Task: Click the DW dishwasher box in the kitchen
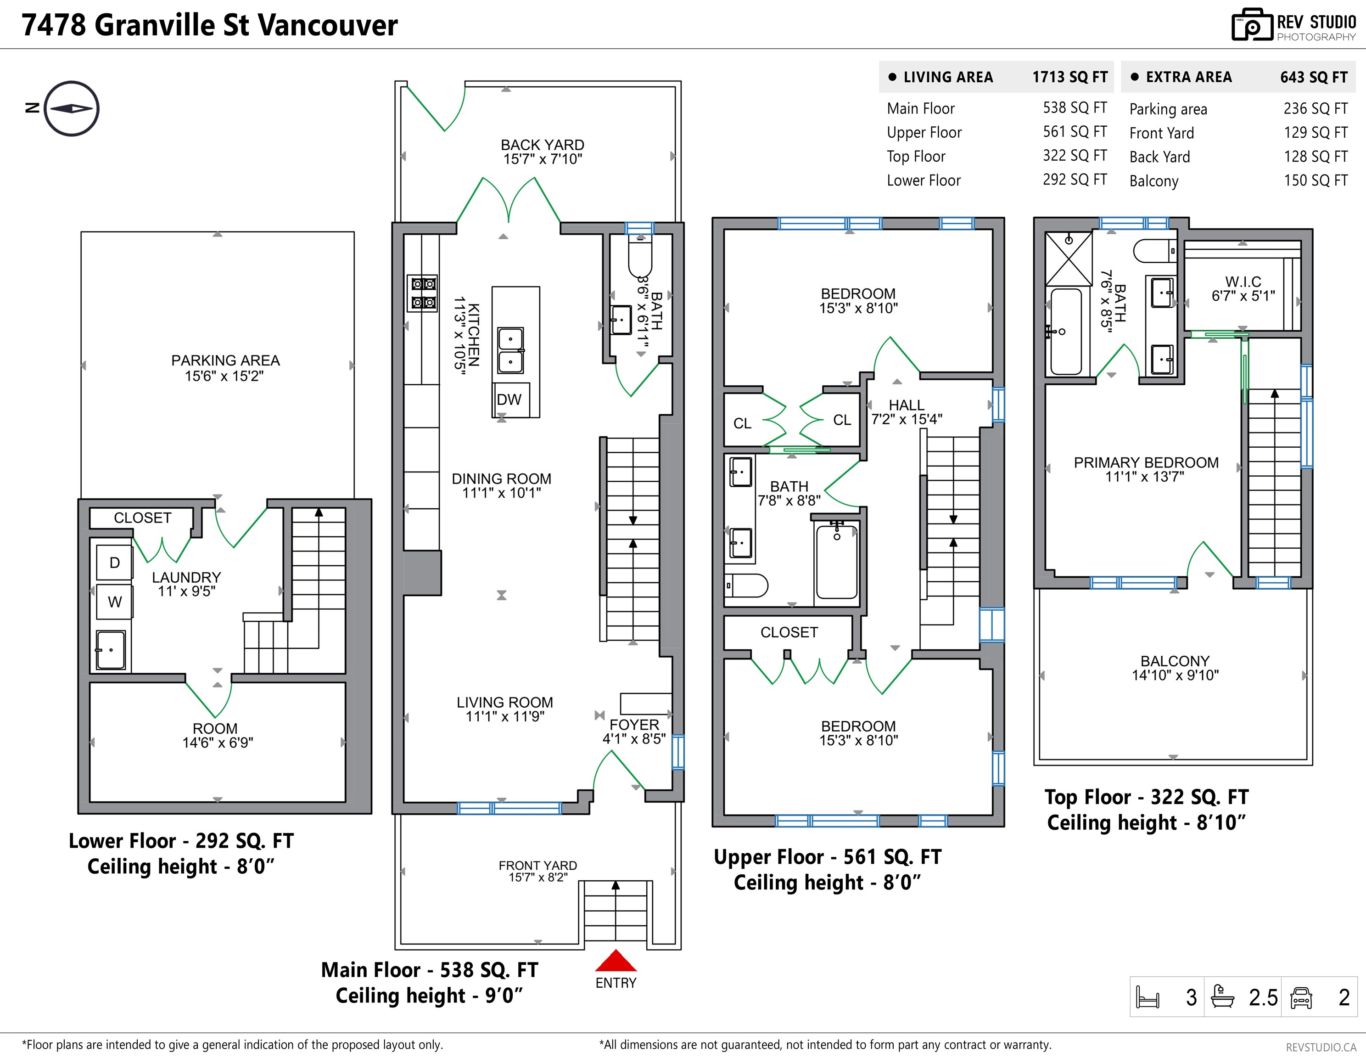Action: pyautogui.click(x=510, y=400)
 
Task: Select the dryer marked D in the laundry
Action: pyautogui.click(x=114, y=563)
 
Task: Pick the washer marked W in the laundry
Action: pyautogui.click(x=114, y=602)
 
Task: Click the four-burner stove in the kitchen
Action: pyautogui.click(x=423, y=293)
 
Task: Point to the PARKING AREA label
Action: pyautogui.click(x=225, y=360)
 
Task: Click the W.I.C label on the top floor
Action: pyautogui.click(x=1243, y=281)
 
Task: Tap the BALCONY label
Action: pyautogui.click(x=1175, y=661)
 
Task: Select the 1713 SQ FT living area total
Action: pyautogui.click(x=1069, y=77)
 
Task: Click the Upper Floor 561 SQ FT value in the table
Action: pyautogui.click(x=1075, y=131)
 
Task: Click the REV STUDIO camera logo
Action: pyautogui.click(x=1252, y=26)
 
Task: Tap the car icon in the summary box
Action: pyautogui.click(x=1301, y=997)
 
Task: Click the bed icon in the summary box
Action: pyautogui.click(x=1148, y=997)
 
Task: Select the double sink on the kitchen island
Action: pyautogui.click(x=511, y=350)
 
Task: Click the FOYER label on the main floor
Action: pyautogui.click(x=634, y=725)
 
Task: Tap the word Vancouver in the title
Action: pyautogui.click(x=328, y=25)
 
